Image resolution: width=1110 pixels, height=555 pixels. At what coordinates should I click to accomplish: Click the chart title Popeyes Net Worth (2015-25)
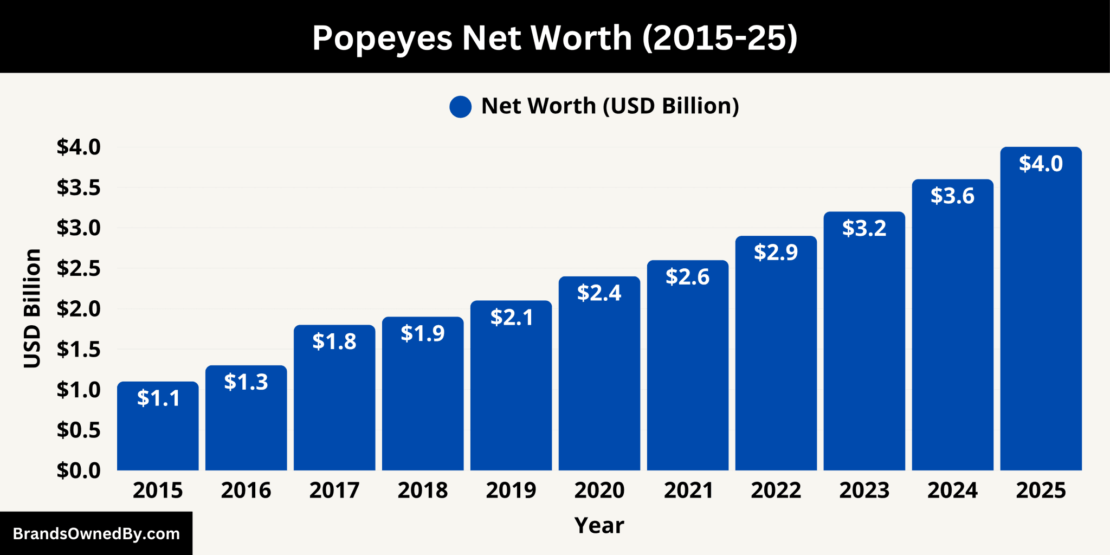554,38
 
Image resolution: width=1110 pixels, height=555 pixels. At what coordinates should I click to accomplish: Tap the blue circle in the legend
460,107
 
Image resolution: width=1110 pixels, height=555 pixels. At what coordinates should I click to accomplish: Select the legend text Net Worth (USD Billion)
610,106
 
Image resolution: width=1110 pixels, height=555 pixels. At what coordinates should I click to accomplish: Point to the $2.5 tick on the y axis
79,268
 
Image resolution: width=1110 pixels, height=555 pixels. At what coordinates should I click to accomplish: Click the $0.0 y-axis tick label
79,470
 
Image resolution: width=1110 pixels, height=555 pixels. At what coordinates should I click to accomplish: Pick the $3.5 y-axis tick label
79,188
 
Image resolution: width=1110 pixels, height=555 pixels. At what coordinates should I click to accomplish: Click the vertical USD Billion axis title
33,308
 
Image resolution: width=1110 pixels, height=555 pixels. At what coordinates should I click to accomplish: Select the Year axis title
599,525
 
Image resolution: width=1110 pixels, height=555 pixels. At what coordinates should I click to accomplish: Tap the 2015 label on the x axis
158,491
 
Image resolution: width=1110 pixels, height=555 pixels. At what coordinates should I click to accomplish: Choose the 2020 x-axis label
599,491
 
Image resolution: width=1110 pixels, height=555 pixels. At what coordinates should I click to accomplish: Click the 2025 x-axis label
1041,491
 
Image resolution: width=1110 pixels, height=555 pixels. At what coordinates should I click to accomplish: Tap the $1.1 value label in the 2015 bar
158,398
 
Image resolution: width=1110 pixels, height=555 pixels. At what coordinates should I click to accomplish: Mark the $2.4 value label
599,293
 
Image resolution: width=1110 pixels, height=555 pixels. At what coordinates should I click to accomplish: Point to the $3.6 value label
952,196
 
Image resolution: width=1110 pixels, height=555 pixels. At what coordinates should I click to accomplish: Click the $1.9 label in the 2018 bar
423,333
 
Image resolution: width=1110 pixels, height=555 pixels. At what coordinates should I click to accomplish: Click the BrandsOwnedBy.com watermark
96,534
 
